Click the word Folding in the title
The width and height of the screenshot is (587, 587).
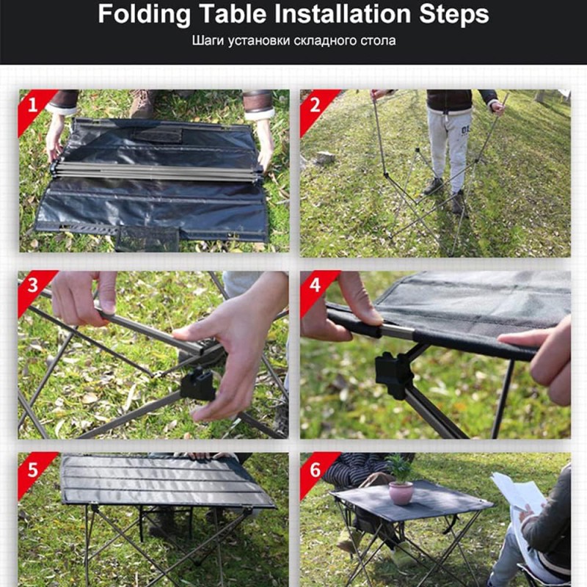click(x=144, y=15)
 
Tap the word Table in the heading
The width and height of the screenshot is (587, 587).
click(x=233, y=14)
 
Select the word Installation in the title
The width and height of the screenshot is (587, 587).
click(x=343, y=14)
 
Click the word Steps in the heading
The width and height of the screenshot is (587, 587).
click(x=453, y=15)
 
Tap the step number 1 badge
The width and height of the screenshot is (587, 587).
click(x=33, y=106)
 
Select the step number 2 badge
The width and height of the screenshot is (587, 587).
click(x=316, y=106)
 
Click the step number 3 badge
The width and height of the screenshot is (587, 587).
click(x=33, y=286)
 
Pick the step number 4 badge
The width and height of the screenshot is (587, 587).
click(x=316, y=286)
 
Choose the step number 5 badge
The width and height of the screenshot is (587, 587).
click(x=33, y=470)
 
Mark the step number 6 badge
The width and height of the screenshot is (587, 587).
click(x=316, y=470)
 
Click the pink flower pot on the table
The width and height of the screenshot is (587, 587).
click(x=401, y=493)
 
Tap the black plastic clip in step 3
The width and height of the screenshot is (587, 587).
click(x=197, y=384)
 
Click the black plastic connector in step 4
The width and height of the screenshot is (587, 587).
click(x=393, y=374)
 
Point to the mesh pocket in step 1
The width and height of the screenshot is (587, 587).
click(x=147, y=239)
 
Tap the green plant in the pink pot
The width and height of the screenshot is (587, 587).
click(x=400, y=468)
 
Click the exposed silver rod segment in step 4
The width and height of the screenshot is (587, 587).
click(x=398, y=332)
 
